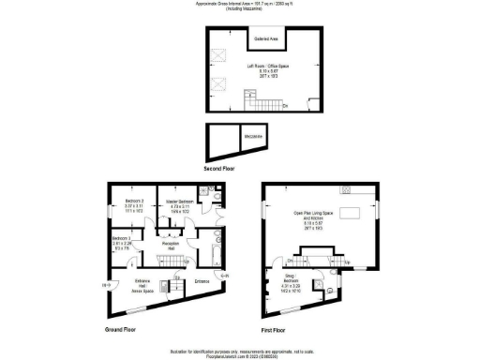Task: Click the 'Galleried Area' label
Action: pyautogui.click(x=265, y=39)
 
